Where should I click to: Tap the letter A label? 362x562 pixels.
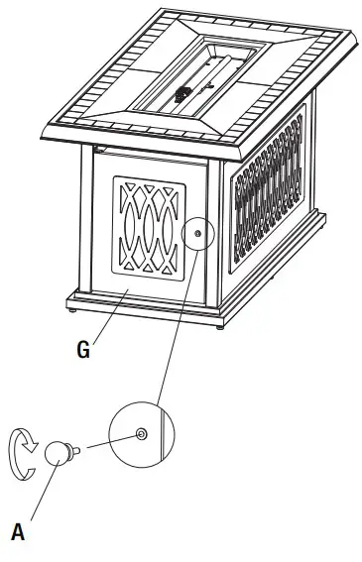coord(18,531)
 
